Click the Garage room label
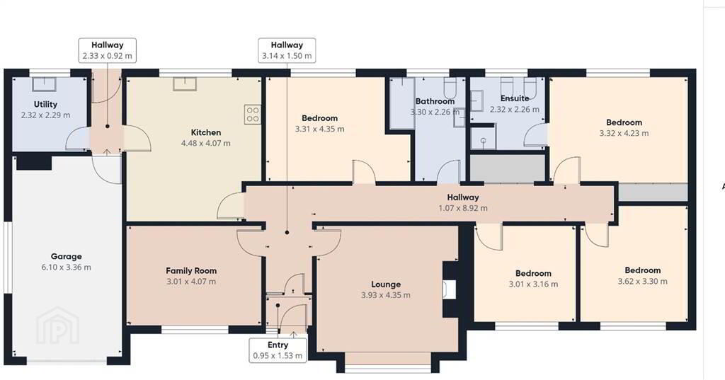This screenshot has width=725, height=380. point(66,256)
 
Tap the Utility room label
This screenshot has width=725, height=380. point(45,105)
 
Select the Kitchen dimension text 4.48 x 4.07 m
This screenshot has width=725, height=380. point(206,144)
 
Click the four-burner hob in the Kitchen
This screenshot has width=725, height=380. point(253,114)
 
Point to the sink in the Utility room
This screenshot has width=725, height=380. point(44,85)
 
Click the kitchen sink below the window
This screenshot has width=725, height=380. point(185,84)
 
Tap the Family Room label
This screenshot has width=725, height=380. point(191,271)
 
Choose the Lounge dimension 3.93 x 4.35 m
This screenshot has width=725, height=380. point(386,295)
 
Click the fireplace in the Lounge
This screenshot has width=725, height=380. point(449,289)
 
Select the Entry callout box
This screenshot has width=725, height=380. point(278,350)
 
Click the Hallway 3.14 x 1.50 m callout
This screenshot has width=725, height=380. point(287,50)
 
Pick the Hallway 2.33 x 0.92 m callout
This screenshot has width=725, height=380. point(108,50)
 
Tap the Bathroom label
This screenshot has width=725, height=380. point(435,101)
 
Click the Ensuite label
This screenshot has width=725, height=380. point(515,98)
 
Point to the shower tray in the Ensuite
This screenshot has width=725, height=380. point(483,137)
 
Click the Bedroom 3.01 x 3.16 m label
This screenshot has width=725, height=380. point(533,279)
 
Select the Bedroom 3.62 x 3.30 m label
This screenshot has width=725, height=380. point(642,275)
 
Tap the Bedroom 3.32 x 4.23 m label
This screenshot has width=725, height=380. point(624,127)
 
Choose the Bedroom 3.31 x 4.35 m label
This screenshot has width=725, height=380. point(319,123)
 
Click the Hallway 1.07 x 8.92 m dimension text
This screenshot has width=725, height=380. point(463,208)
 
